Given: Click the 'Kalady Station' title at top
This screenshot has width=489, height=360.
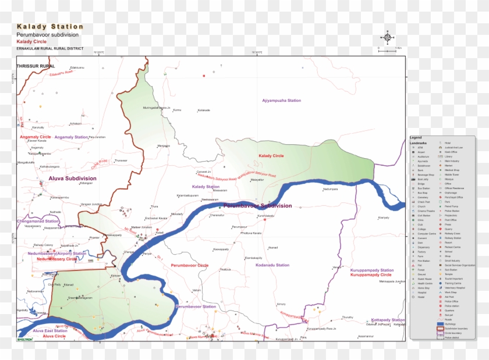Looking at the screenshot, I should (x=50, y=27).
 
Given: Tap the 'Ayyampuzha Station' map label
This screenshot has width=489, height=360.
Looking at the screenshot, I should (x=281, y=101).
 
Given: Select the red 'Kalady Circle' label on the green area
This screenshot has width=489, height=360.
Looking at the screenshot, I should (x=271, y=156).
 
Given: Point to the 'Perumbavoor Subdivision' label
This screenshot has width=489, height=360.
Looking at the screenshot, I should (x=257, y=206).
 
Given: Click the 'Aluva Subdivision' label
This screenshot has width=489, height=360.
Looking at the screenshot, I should (x=73, y=178).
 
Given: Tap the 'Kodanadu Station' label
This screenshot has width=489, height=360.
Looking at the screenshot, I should (x=272, y=265).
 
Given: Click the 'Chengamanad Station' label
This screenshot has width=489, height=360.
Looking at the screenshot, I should (x=38, y=221).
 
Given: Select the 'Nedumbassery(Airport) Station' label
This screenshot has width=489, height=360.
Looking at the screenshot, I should (x=56, y=254).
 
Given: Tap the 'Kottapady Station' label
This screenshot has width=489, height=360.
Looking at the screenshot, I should (x=388, y=320).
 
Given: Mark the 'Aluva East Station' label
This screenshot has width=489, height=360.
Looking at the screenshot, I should (x=51, y=330).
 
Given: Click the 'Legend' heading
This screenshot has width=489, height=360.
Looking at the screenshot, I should (x=416, y=137).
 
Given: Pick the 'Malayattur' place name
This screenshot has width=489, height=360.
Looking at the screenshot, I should (x=257, y=180).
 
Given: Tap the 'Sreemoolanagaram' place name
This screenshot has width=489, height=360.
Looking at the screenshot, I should (x=80, y=298).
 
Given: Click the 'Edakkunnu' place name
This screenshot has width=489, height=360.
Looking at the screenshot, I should (x=77, y=67).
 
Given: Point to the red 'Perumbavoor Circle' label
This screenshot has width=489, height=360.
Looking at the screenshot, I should (x=189, y=265).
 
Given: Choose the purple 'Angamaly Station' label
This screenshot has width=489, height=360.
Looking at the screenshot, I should (x=72, y=137).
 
